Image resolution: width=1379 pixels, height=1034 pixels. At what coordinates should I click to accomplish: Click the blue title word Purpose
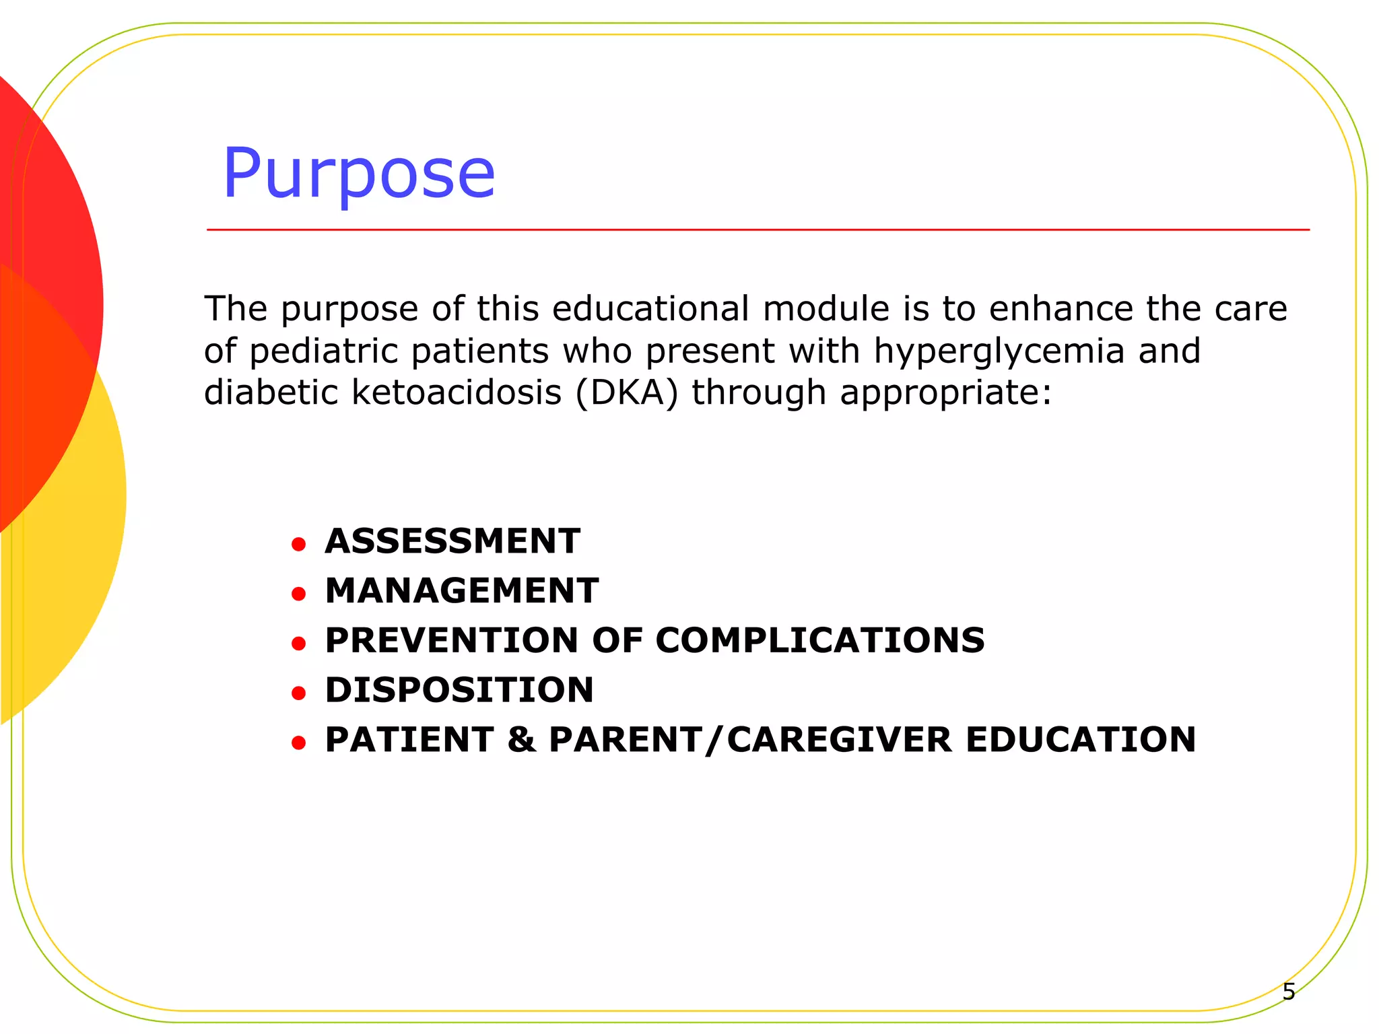click(x=359, y=175)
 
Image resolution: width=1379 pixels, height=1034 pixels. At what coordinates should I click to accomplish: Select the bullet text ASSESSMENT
click(x=452, y=541)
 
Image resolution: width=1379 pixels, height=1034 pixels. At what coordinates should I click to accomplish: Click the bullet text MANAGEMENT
click(x=462, y=591)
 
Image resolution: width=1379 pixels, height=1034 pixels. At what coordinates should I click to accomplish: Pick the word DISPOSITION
click(x=459, y=690)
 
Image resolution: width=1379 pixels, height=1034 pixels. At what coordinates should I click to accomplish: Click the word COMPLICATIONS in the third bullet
click(x=820, y=640)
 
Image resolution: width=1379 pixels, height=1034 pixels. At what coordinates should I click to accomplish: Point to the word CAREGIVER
click(x=840, y=740)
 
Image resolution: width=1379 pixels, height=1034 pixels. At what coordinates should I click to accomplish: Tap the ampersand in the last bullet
click(x=522, y=740)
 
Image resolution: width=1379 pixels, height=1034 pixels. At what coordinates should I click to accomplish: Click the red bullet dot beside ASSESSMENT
click(x=299, y=544)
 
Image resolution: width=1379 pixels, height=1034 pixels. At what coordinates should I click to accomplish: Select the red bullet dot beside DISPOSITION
click(x=299, y=693)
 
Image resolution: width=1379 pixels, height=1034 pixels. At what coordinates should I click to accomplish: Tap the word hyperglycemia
click(x=999, y=351)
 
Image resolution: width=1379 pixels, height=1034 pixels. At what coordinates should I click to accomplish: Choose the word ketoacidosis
click(x=457, y=392)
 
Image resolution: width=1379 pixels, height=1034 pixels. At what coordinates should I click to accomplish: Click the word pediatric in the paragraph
click(x=325, y=351)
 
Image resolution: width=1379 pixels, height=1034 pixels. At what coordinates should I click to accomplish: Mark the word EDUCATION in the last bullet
click(x=1081, y=740)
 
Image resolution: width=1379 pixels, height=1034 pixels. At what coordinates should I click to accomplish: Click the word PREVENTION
click(x=452, y=640)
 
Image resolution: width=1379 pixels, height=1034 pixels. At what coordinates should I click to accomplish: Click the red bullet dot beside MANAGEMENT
click(x=299, y=594)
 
